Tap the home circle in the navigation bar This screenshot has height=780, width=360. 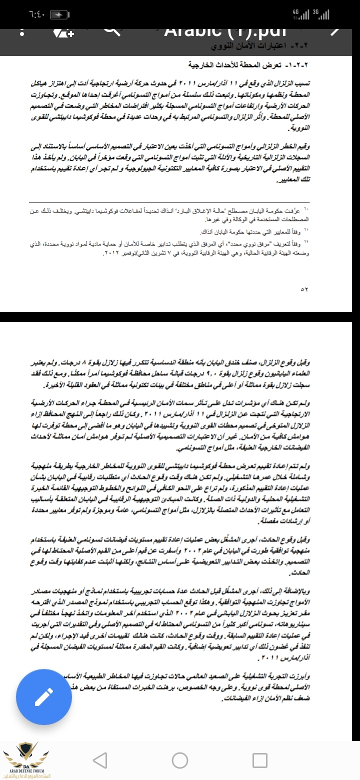(180, 760)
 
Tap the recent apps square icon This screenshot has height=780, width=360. (260, 760)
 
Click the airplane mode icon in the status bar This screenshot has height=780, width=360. (58, 13)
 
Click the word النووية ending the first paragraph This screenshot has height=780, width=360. (300, 128)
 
